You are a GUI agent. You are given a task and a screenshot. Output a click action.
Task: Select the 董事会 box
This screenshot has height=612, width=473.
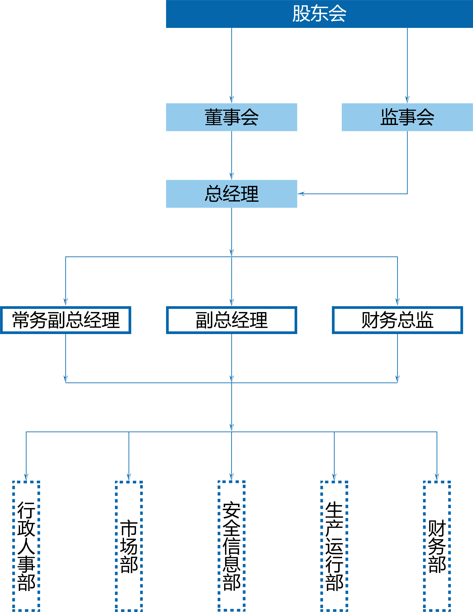coord(231,117)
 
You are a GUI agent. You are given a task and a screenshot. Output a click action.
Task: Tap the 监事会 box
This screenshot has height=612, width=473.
coord(407,117)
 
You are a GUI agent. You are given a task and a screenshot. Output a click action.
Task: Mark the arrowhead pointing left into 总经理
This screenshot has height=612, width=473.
coord(301,194)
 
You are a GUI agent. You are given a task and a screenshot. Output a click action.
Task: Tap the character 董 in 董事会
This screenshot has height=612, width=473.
coord(213,117)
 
